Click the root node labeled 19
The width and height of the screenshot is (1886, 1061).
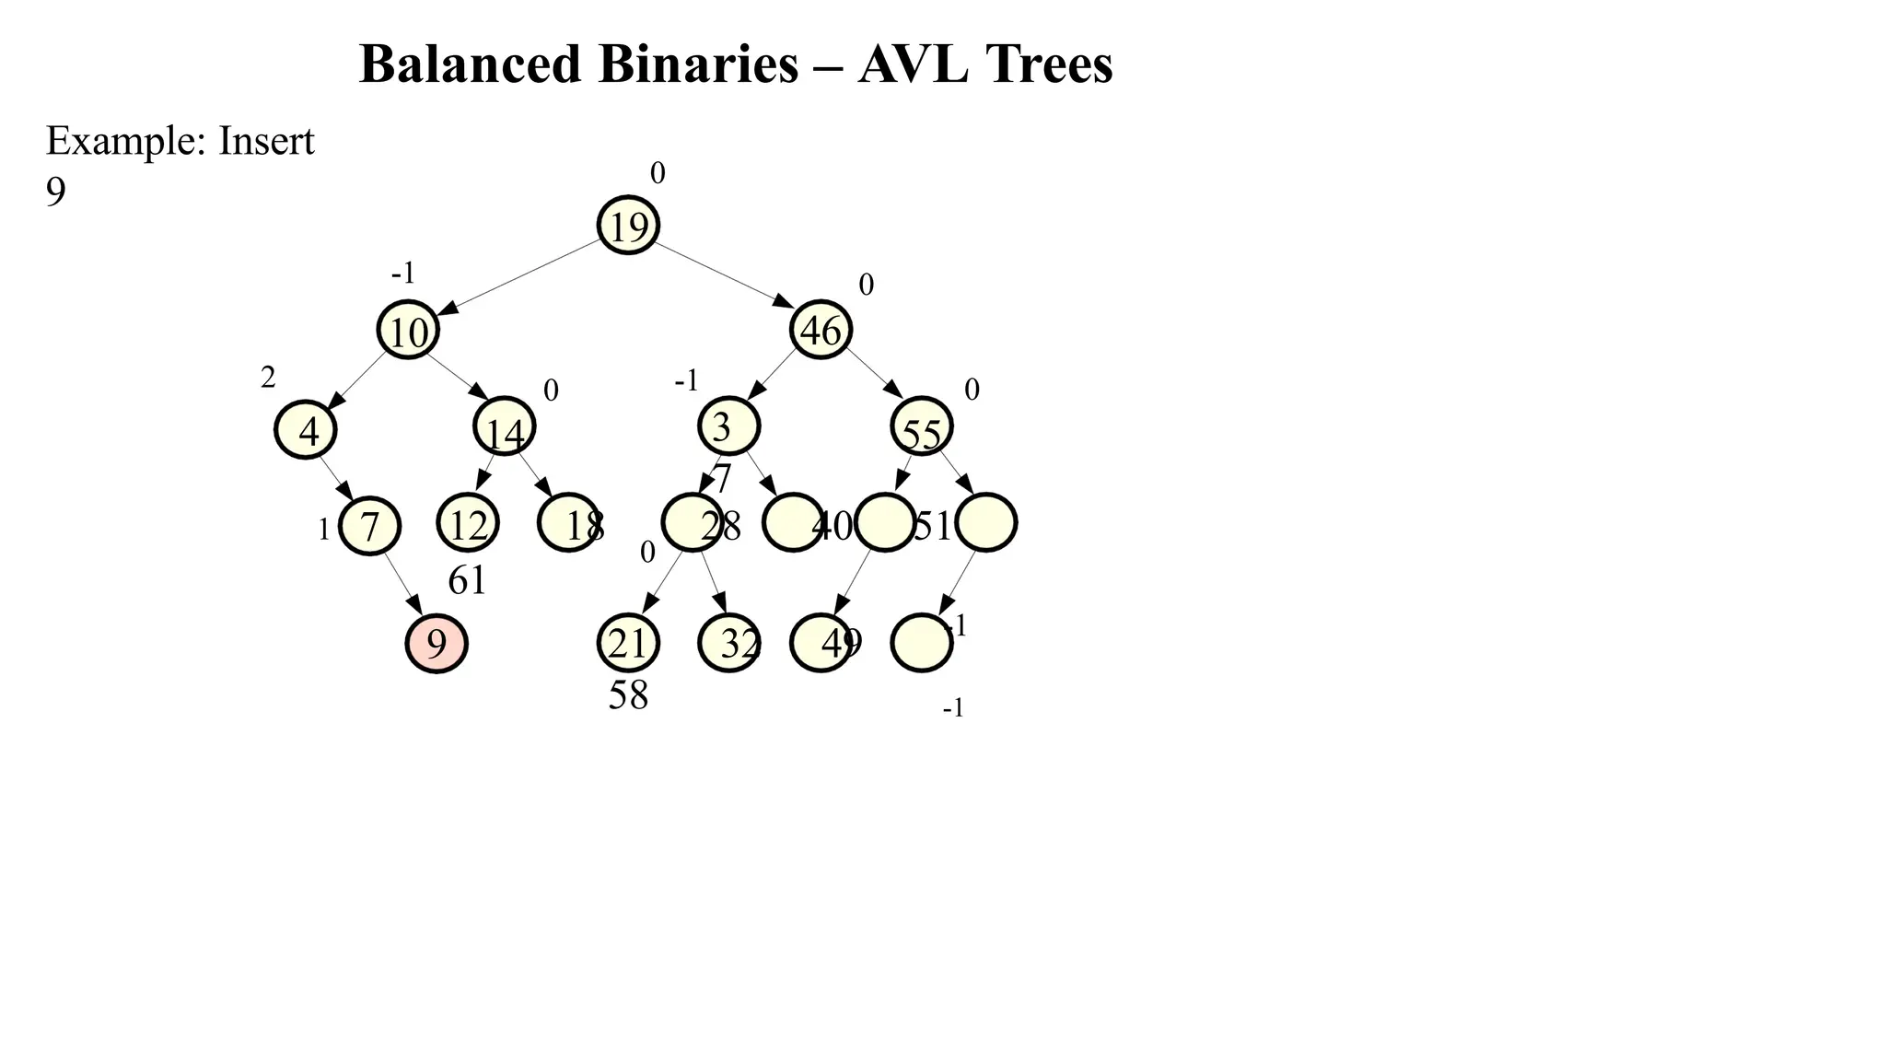[629, 225]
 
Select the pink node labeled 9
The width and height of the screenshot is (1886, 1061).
[437, 643]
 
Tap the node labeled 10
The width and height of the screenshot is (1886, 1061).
[408, 330]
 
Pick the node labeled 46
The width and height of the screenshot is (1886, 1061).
[821, 329]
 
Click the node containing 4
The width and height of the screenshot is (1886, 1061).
[306, 430]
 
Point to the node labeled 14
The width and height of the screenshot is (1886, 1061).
[505, 426]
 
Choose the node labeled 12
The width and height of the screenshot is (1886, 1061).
[468, 523]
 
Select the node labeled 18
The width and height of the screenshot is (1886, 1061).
[567, 523]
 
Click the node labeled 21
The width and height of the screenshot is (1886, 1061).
[629, 643]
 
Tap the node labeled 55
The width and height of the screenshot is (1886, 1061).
[922, 426]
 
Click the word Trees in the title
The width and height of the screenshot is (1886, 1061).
[1049, 64]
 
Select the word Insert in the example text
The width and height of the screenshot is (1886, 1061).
[266, 141]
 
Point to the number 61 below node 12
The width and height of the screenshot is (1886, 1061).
[467, 580]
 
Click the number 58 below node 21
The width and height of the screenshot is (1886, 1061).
[628, 695]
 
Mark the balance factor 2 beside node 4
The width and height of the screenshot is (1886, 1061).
[268, 378]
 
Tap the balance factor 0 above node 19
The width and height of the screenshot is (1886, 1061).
[658, 173]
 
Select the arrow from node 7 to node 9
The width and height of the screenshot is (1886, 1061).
[403, 584]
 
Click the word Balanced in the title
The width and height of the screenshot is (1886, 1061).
[471, 64]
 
